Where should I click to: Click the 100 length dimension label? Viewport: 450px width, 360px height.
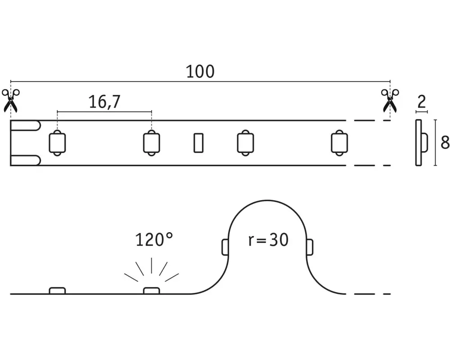pos(200,72)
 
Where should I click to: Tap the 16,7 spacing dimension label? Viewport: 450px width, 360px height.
pos(104,102)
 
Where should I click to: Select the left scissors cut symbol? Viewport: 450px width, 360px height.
pos(11,100)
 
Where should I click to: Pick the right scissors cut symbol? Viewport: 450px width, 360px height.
pos(390,100)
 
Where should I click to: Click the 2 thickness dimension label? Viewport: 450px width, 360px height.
pos(422,102)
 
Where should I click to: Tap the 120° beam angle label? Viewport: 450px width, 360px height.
pos(154,240)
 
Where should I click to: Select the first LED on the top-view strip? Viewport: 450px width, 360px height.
pos(58,143)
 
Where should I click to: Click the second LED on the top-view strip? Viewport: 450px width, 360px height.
pos(152,143)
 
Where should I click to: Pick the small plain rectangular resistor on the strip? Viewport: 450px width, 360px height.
pos(198,143)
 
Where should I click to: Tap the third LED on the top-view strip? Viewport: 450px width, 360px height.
pos(245,143)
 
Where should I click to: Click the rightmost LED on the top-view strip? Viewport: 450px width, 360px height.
pos(339,143)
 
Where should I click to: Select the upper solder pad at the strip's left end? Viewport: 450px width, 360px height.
pos(25,126)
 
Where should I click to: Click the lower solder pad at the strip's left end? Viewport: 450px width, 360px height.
pos(25,161)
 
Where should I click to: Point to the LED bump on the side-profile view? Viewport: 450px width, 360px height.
pos(424,142)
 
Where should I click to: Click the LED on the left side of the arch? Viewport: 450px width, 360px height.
pos(225,247)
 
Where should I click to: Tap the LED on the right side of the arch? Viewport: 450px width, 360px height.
pos(310,247)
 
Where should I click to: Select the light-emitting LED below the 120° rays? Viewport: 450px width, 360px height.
pos(152,291)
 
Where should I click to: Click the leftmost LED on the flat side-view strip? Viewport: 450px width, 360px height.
pos(58,291)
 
